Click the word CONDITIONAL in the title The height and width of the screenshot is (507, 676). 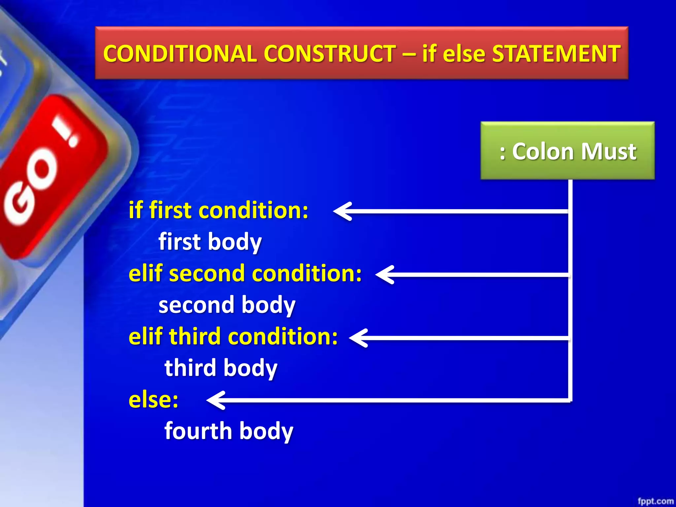point(180,53)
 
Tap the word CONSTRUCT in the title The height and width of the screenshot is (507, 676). point(330,53)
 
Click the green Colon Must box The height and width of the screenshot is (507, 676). point(567,151)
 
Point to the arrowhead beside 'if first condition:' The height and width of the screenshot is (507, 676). point(342,211)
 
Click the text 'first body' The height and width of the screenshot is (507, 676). point(210,242)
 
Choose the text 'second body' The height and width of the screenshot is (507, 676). point(227,305)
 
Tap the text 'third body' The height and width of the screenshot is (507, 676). point(221,368)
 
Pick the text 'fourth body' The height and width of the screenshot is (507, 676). point(229,431)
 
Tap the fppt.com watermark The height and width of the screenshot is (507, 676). point(655,501)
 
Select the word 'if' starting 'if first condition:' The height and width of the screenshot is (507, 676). point(136,210)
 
